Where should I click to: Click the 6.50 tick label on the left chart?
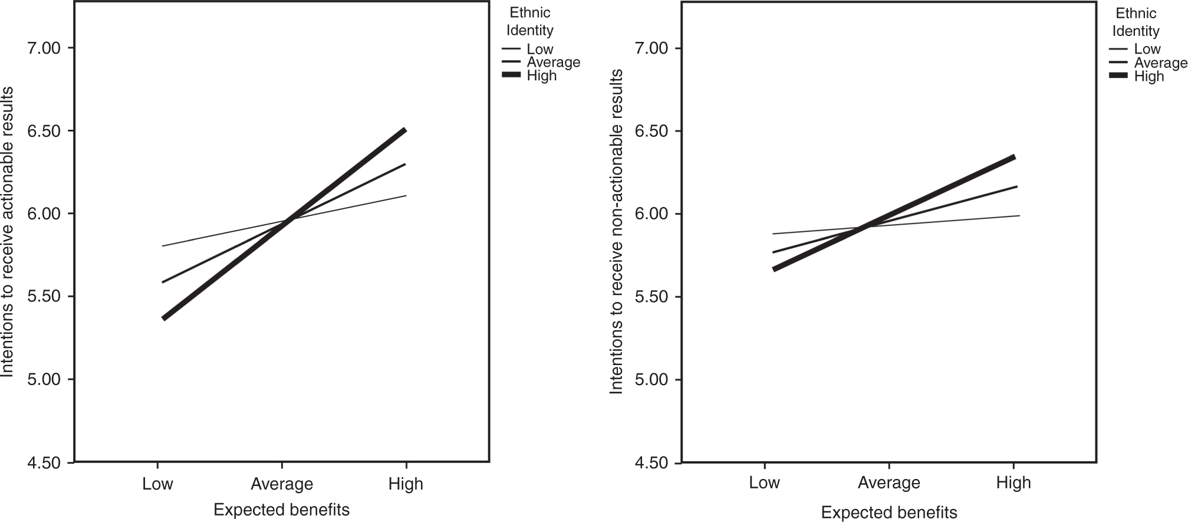45,131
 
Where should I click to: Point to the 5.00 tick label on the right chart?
651,379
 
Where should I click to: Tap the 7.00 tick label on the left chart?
45,48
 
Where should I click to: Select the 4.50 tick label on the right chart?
651,463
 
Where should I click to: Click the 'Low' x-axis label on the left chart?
157,484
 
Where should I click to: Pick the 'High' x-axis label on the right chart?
1013,483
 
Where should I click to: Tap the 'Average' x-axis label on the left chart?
282,484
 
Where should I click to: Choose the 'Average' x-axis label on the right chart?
888,483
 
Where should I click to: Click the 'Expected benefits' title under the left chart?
282,510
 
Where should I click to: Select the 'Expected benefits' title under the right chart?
888,513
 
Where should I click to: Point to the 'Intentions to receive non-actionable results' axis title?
616,231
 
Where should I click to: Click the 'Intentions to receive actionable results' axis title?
7,231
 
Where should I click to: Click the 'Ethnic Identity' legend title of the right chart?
1136,22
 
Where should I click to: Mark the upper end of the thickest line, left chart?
405,129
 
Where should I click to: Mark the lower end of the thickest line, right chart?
774,270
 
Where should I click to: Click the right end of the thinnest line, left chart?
406,196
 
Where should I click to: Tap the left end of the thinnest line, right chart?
773,234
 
